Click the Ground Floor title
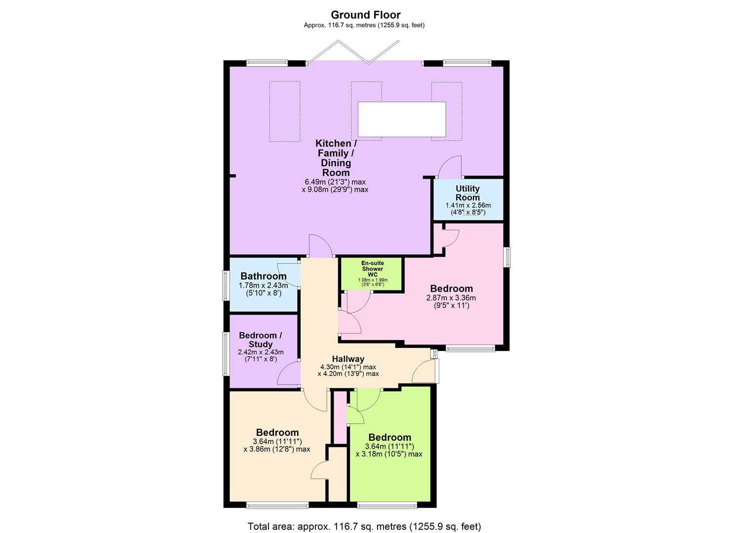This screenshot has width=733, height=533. [365, 15]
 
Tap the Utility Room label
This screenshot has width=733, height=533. [467, 193]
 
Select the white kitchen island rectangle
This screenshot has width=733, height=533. [402, 119]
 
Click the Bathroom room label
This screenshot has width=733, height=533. [263, 276]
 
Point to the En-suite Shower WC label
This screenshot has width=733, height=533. [373, 269]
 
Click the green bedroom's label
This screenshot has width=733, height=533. [389, 438]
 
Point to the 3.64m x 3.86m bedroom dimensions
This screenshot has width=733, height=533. [277, 445]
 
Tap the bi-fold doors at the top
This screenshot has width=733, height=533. [352, 53]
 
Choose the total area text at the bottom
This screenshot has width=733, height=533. [364, 526]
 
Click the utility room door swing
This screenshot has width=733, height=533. [451, 168]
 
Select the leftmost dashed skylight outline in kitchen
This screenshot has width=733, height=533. [284, 112]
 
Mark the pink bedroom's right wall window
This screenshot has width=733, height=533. [507, 257]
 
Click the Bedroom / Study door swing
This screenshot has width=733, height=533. [289, 374]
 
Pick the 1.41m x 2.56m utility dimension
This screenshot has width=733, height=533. [467, 209]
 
